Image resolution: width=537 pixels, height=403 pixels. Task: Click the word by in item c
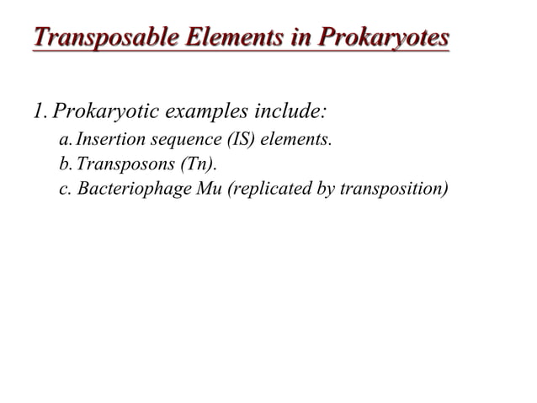point(323,187)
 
